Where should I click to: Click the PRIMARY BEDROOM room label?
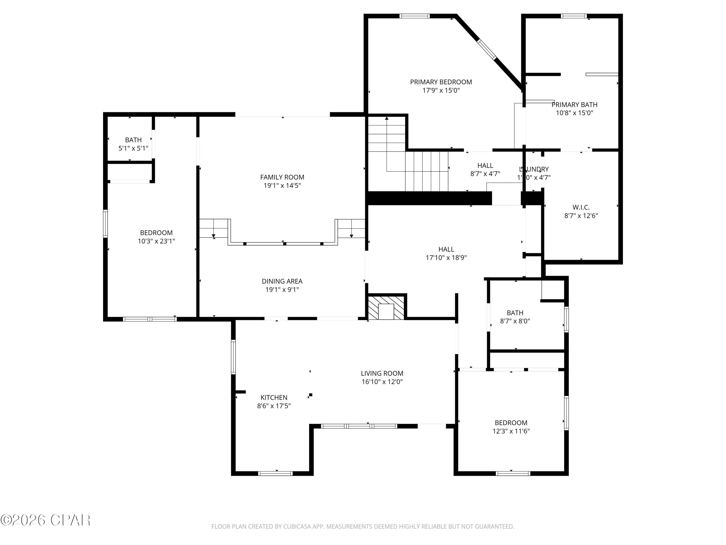[441, 82]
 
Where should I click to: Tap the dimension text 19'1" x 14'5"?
[282, 186]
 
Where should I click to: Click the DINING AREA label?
[282, 281]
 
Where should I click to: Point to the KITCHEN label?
[274, 397]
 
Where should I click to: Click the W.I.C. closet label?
[581, 207]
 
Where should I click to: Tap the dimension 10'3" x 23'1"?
[156, 241]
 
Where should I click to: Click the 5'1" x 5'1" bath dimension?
[133, 148]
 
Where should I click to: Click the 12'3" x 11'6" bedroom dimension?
[511, 431]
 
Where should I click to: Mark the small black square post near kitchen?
[310, 395]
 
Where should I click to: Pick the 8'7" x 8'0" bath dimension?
[515, 321]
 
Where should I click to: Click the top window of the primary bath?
[574, 16]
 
